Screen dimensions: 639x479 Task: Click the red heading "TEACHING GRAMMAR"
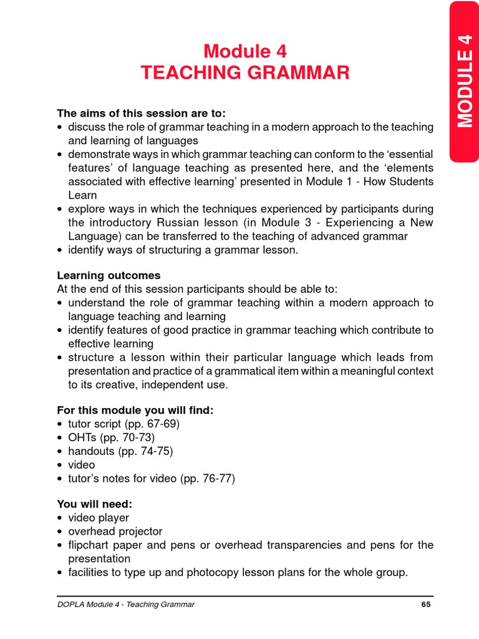[245, 73]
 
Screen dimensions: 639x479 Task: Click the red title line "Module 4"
[245, 50]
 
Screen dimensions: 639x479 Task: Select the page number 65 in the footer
[427, 604]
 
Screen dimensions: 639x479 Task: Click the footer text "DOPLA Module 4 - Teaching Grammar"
[126, 604]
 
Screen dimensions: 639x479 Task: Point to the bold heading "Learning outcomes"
[109, 275]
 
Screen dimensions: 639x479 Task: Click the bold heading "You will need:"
[94, 504]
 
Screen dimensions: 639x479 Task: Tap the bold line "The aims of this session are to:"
[141, 113]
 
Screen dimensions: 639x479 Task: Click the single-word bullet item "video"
[82, 465]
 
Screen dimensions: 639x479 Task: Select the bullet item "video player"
[99, 517]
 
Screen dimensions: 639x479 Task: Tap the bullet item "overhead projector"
[115, 531]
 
